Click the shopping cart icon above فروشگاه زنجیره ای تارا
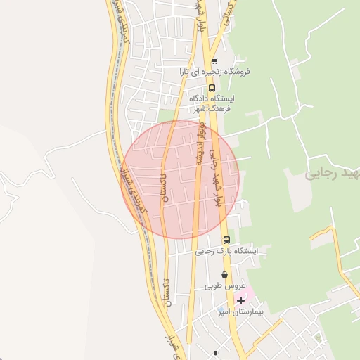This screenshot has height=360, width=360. [214, 61]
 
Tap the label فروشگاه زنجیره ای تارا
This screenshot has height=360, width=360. [214, 72]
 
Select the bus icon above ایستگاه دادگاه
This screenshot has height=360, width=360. [212, 89]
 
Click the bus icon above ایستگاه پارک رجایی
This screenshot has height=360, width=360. [226, 240]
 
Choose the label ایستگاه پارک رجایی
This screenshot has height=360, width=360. [226, 251]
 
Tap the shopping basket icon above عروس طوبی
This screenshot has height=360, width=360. [224, 275]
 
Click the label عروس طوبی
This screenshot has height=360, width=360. [224, 286]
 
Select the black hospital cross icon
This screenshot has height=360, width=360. [240, 300]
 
